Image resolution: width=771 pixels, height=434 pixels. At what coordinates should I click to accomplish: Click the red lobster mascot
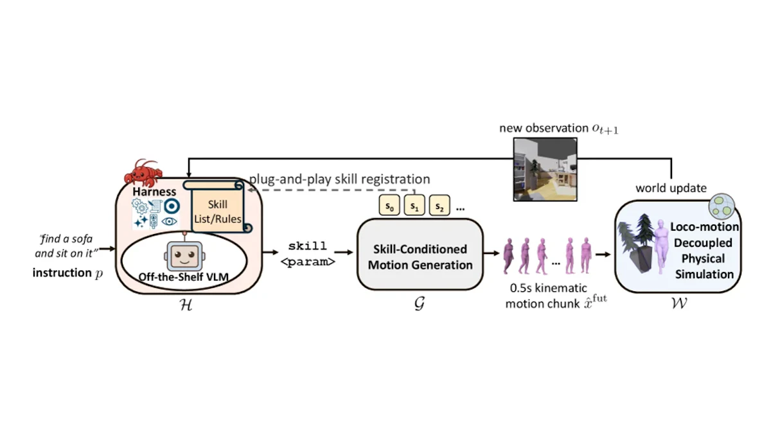coord(143,173)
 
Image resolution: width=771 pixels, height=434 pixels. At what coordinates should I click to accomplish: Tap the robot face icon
coord(184,255)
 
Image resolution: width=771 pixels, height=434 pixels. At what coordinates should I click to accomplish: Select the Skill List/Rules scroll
coord(218,206)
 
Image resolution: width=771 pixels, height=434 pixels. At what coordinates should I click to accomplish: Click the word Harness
coord(154,192)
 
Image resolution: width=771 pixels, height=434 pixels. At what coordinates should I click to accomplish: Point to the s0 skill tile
coord(389,205)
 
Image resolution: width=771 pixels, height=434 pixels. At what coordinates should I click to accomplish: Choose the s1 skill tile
coord(414,205)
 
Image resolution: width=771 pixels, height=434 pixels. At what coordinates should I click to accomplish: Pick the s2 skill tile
coord(439,205)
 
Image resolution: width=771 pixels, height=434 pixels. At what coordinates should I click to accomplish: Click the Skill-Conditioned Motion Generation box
coord(420,255)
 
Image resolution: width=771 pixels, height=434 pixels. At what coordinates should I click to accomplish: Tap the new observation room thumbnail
coord(545,170)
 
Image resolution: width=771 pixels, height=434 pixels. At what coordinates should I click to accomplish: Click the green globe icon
coord(722,206)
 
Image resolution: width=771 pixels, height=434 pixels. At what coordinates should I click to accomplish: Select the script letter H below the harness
coord(186,305)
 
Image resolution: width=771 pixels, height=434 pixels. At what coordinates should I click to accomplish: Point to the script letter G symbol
coord(420,303)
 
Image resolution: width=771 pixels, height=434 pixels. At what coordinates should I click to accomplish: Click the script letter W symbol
coord(679,303)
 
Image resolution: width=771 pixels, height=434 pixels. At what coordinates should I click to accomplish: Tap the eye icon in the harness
coord(169,221)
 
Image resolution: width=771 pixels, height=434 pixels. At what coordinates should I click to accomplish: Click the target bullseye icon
coord(172,206)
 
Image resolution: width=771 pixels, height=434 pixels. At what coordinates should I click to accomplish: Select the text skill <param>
coord(308,254)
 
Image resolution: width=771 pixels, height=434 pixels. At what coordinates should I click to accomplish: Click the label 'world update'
coord(671,188)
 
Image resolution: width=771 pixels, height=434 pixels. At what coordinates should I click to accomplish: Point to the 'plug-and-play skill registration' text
coord(340,179)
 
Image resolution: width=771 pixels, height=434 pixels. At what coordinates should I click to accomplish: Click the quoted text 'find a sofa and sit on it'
coord(66,246)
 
